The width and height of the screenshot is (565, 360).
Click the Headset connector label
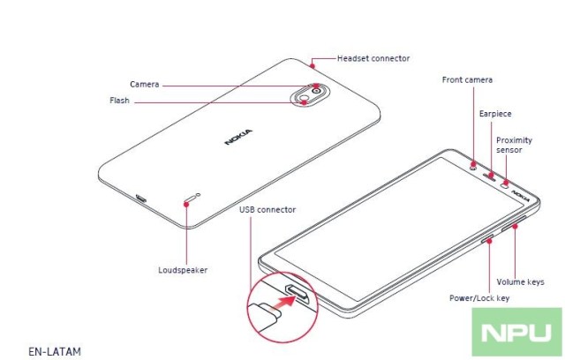[373, 58]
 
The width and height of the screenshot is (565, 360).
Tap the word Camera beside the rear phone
[145, 84]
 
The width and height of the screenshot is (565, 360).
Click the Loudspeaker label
[183, 270]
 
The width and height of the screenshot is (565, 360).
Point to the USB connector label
[267, 209]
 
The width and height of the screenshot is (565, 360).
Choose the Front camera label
[467, 80]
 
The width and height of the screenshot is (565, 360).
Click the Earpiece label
[495, 114]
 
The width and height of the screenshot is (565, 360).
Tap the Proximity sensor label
[514, 145]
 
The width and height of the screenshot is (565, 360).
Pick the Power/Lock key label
[479, 298]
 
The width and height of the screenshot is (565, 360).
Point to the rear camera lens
[315, 88]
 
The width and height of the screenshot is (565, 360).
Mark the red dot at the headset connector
[313, 63]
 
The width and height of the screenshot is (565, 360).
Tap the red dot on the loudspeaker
[185, 202]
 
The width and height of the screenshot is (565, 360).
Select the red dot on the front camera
[474, 164]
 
